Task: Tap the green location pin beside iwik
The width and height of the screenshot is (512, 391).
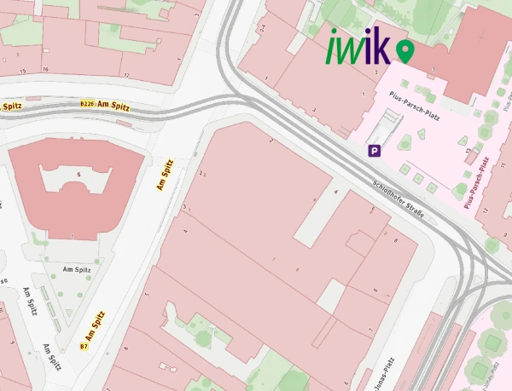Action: (x=404, y=52)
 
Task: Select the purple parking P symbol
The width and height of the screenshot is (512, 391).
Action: (x=373, y=151)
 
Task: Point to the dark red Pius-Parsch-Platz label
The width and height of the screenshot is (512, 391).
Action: (x=477, y=182)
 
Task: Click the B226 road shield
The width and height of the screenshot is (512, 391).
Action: (x=86, y=103)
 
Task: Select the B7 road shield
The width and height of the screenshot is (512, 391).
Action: (x=84, y=347)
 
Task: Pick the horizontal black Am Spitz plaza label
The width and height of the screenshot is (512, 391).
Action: (x=76, y=269)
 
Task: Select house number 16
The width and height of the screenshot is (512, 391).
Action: (x=45, y=69)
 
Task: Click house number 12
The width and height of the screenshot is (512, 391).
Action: (x=484, y=210)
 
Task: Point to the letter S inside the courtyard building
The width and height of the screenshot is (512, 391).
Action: (x=79, y=175)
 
